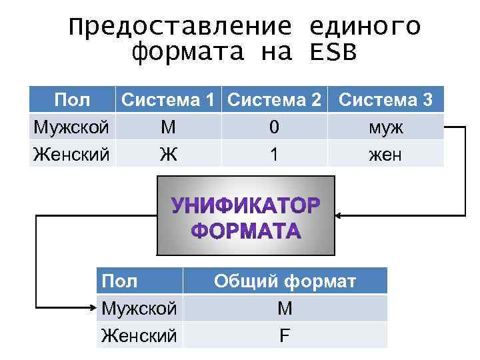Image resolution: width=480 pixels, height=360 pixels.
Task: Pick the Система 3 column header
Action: point(385,101)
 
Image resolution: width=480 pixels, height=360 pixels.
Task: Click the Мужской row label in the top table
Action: point(72,127)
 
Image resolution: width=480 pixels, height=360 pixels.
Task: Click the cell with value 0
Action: point(274,127)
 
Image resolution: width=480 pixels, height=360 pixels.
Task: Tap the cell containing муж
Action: point(385,127)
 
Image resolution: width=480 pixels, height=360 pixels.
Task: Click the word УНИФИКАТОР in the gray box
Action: point(246,205)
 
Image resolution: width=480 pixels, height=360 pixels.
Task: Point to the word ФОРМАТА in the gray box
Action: point(246,231)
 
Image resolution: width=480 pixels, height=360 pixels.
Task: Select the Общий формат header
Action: point(285,281)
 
